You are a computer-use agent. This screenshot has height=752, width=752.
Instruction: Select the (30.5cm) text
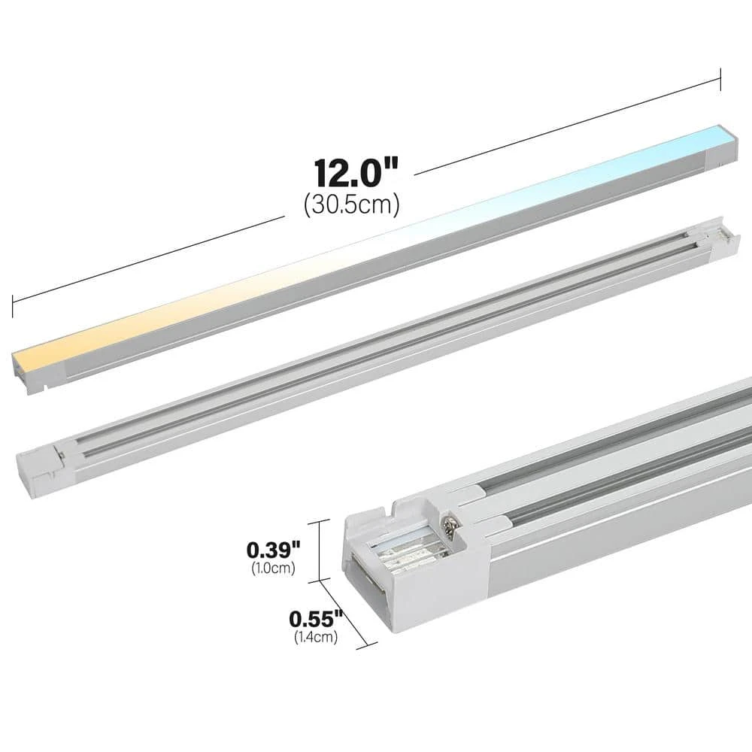[x=352, y=205]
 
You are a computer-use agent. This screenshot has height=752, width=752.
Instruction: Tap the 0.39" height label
[x=274, y=550]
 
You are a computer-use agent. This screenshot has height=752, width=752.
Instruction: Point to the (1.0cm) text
[x=274, y=568]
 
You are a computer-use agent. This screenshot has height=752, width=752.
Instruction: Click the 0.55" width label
[x=316, y=619]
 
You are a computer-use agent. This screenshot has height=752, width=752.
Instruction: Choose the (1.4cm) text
[x=316, y=637]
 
